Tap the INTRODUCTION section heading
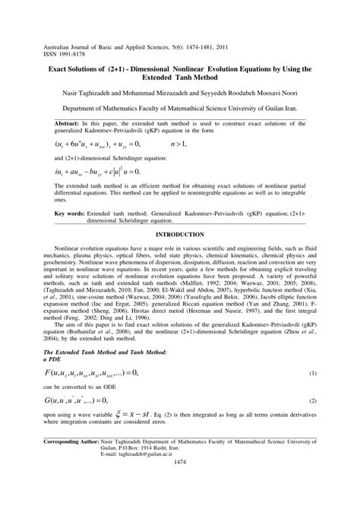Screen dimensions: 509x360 [179, 236]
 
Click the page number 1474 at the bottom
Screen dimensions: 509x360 [180, 483]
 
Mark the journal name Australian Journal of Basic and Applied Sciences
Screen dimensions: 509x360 [106, 36]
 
